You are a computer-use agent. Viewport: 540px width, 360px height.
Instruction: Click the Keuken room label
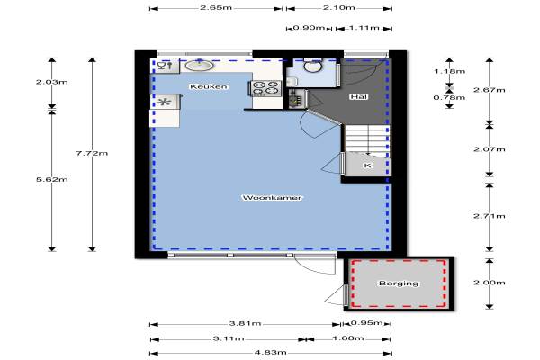coord(209,86)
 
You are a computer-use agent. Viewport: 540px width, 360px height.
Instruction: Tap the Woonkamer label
coord(272,198)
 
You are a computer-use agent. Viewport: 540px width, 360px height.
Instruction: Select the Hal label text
coord(359,97)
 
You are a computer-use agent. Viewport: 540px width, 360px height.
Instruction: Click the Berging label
coord(399,283)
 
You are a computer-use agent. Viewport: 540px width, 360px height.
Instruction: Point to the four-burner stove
coord(265,88)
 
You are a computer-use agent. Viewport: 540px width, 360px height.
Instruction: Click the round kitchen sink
coord(199,65)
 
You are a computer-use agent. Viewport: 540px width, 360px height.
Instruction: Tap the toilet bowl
coord(312,66)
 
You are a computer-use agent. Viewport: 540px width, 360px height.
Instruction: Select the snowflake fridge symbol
coord(164,102)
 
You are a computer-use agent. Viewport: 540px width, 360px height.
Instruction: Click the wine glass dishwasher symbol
coord(165,66)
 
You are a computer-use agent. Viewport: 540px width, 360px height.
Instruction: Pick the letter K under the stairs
coord(367,166)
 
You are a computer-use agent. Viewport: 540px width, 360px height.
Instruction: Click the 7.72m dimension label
coord(92,153)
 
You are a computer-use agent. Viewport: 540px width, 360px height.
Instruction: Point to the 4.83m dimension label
coord(271,353)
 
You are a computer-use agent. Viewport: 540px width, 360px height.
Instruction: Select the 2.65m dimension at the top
coord(216,7)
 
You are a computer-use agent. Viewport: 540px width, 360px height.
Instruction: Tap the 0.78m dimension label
coord(449,97)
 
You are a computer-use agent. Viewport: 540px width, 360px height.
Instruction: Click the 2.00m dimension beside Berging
coord(490,283)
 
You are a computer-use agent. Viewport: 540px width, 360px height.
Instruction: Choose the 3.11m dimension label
coord(229,338)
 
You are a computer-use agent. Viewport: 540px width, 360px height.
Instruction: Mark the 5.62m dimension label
coord(52,179)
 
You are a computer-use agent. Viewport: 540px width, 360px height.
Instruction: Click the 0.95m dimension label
coord(367,323)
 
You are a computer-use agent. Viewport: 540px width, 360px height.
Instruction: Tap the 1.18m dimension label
coord(449,71)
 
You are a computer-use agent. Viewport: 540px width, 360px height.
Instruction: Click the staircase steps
coord(368,139)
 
